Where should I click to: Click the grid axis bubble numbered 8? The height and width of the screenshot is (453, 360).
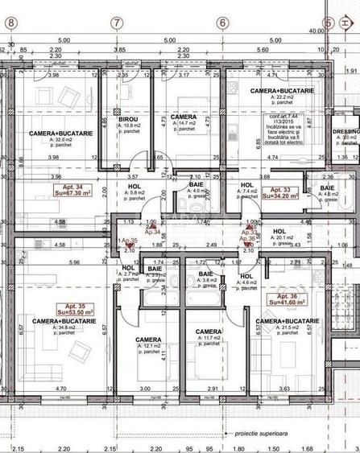[x=10, y=23]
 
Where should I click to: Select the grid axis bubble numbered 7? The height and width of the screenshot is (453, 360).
[x=118, y=23]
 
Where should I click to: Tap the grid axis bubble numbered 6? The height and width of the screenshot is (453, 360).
[x=222, y=23]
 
